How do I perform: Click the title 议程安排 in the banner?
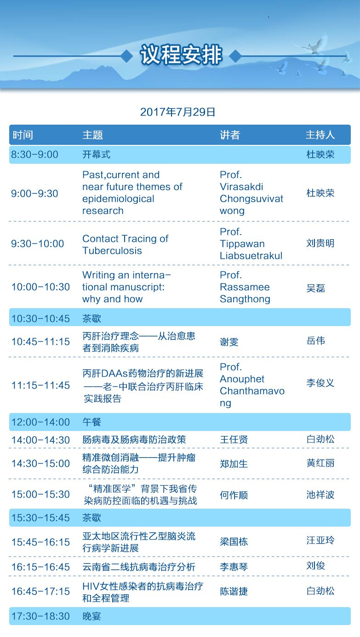181,55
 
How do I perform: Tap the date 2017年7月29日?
178,112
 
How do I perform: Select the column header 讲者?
230,135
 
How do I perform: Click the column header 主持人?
320,135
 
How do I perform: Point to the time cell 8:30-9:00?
34,155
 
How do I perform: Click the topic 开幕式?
97,155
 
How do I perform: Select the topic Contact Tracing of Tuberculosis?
126,245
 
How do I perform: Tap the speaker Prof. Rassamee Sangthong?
245,287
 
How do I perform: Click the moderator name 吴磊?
316,288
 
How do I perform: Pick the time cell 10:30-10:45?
40,318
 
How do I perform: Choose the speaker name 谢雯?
229,342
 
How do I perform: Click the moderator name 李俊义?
320,383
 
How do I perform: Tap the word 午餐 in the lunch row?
92,422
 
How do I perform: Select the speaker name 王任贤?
234,440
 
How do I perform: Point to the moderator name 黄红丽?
320,463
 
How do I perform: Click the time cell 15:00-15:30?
40,494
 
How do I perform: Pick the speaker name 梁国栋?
234,542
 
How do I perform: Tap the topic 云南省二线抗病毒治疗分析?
139,567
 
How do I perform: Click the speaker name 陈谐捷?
234,591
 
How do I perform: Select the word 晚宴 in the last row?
92,616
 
